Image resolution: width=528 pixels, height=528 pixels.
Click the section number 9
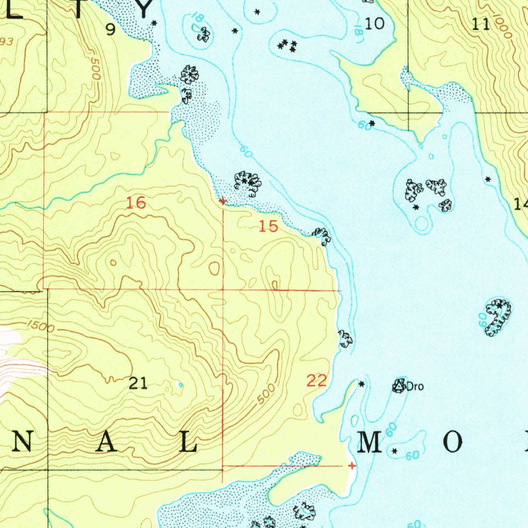pyautogui.click(x=110, y=30)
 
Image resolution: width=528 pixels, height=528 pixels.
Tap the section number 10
pyautogui.click(x=375, y=23)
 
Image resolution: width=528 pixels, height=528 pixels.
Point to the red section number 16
pyautogui.click(x=137, y=203)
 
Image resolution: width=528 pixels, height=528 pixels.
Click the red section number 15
pyautogui.click(x=269, y=226)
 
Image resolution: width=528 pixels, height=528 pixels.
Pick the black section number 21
pyautogui.click(x=138, y=383)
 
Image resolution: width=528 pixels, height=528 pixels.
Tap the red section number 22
pyautogui.click(x=317, y=381)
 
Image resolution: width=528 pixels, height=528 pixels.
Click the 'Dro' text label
pyautogui.click(x=415, y=386)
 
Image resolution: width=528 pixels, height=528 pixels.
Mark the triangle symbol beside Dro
pyautogui.click(x=399, y=385)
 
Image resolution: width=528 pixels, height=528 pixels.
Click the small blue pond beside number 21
pyautogui.click(x=179, y=385)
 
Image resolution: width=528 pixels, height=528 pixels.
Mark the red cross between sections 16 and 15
pyautogui.click(x=222, y=201)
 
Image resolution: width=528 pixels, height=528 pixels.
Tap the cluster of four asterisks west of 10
pyautogui.click(x=287, y=46)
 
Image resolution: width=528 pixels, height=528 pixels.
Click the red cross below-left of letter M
pyautogui.click(x=352, y=466)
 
